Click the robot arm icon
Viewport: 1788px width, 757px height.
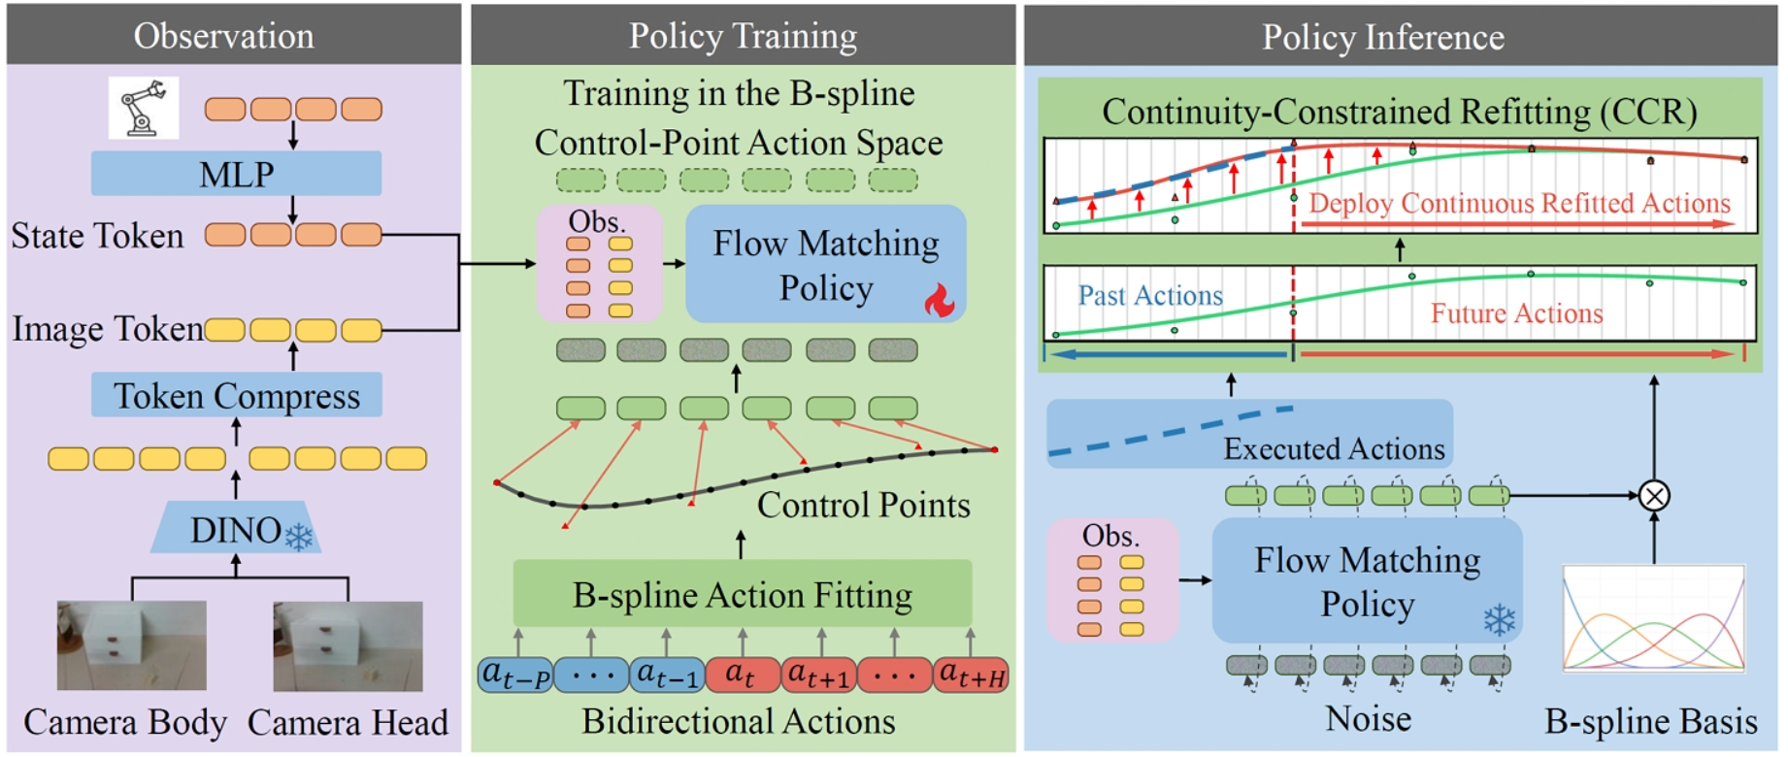[x=144, y=108]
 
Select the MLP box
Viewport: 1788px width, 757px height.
[x=236, y=174]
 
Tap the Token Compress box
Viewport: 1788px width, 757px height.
[x=237, y=395]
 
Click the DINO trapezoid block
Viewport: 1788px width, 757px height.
[x=236, y=529]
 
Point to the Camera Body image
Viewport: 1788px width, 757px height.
[x=132, y=645]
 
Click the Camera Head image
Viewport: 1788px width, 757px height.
[x=348, y=646]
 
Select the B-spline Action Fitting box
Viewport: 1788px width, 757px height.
[x=743, y=593]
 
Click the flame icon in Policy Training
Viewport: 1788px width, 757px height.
[x=940, y=300]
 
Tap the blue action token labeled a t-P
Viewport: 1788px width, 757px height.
[x=516, y=675]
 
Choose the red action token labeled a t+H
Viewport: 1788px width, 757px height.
[x=971, y=675]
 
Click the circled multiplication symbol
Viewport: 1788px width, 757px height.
[x=1654, y=496]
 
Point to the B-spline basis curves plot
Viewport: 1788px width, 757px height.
[x=1654, y=618]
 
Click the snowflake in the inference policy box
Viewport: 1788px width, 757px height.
[x=1500, y=620]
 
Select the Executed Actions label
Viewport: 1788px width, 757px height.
[x=1334, y=448]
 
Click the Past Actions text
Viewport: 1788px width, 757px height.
[x=1150, y=295]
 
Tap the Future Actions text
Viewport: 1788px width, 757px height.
[x=1516, y=313]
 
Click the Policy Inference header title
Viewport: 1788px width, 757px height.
[x=1383, y=37]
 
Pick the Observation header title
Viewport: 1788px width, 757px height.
[x=224, y=36]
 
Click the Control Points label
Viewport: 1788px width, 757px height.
[x=863, y=505]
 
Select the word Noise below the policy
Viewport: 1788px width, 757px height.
[x=1369, y=719]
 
